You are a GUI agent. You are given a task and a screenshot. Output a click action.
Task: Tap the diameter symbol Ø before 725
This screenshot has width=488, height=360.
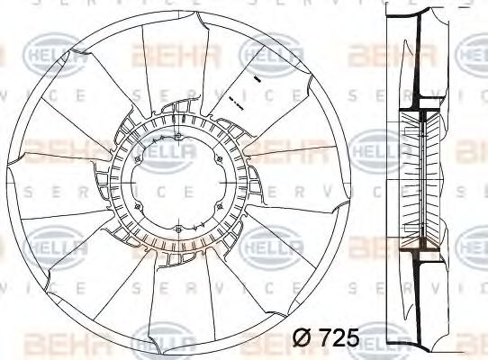pyautogui.click(x=305, y=339)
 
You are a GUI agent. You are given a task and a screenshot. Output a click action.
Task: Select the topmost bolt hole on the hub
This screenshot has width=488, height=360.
pyautogui.click(x=179, y=138)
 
